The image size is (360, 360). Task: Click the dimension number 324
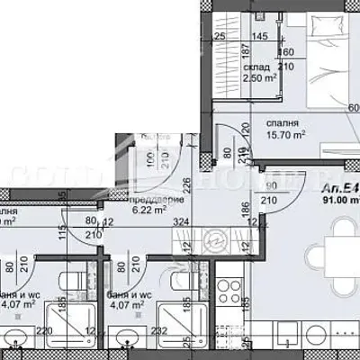(181, 220)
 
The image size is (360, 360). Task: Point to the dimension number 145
(260, 37)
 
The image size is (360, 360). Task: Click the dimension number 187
(246, 52)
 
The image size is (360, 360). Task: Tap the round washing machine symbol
(215, 241)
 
